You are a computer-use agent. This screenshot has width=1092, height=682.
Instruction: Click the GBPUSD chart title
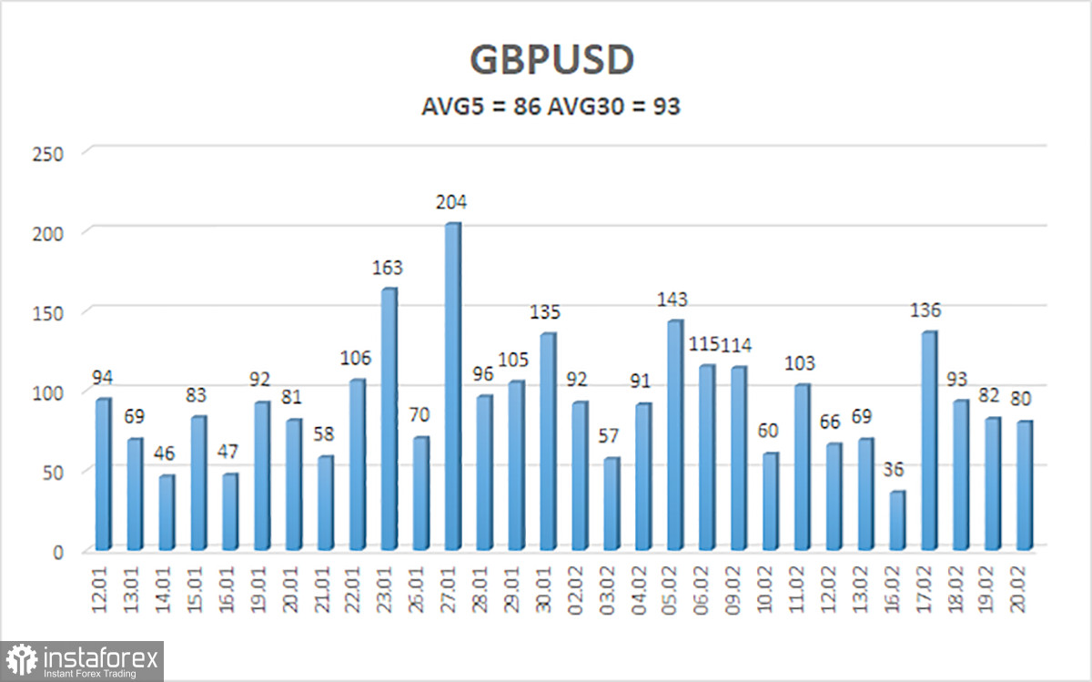[x=551, y=60]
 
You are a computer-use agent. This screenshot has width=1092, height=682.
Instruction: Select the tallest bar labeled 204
[x=451, y=387]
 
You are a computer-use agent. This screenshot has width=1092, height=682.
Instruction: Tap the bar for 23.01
[x=388, y=419]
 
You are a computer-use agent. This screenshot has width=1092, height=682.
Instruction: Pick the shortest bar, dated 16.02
[x=897, y=520]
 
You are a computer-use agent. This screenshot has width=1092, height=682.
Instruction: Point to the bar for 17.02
[x=928, y=441]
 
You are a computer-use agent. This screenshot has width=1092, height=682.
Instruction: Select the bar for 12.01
[x=102, y=474]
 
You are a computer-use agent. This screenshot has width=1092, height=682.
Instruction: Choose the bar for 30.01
[x=547, y=442]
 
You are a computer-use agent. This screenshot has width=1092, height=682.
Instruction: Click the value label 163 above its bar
[x=388, y=268]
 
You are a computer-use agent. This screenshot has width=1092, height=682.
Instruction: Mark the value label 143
[x=674, y=300]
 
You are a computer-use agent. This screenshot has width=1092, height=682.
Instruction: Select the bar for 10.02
[x=770, y=502]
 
